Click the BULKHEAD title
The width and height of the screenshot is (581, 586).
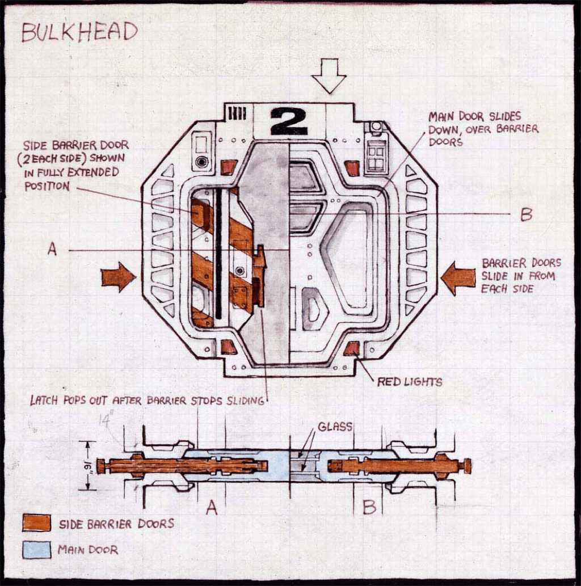click(x=79, y=32)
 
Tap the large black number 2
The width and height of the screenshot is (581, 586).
click(x=288, y=121)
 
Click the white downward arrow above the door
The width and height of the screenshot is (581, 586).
click(x=329, y=75)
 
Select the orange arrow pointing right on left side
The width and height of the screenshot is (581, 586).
click(x=118, y=277)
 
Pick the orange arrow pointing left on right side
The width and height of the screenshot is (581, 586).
click(x=458, y=278)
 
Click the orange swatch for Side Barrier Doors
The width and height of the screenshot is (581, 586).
click(x=37, y=522)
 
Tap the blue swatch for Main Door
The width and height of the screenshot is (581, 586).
click(x=37, y=550)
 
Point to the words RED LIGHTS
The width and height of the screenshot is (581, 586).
click(x=410, y=382)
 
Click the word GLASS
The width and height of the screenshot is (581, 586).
click(x=334, y=427)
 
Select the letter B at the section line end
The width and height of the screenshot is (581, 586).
click(x=525, y=215)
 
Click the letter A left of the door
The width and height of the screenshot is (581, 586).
click(x=52, y=248)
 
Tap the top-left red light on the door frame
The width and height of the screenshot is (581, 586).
click(x=229, y=167)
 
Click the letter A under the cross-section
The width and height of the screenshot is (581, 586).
click(x=211, y=508)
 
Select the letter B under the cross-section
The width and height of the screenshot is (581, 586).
click(x=369, y=507)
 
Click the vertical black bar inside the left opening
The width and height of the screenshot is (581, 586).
click(x=218, y=254)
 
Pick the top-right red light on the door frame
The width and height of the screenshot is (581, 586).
click(x=352, y=168)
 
